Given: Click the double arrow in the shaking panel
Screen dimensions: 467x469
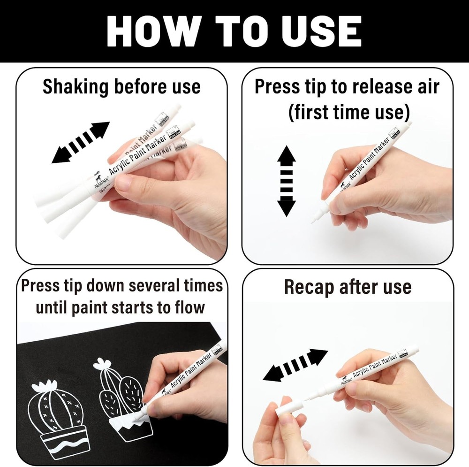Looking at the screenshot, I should [81, 143].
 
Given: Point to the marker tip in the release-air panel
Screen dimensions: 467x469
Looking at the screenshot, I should [315, 219].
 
